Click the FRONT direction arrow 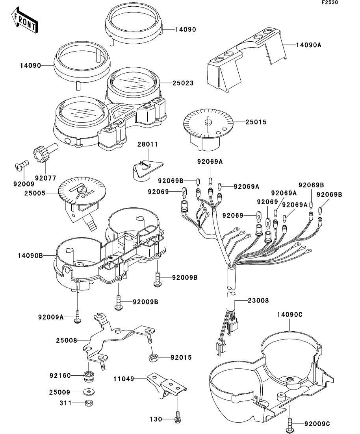coord(25,20)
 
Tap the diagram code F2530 coord(330,2)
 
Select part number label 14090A coord(309,45)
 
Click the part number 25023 coord(183,83)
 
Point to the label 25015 coord(256,122)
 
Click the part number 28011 coord(148,144)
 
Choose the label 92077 coord(45,178)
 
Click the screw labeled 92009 coord(22,165)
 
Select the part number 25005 coord(35,193)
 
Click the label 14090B coord(30,255)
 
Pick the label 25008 coord(67,340)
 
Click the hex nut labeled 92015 coord(153,358)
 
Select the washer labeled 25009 coord(89,392)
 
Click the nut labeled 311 coord(88,403)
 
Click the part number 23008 coord(258,300)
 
